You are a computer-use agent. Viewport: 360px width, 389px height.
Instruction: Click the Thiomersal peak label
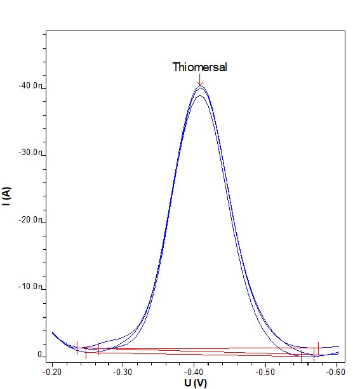click(x=199, y=67)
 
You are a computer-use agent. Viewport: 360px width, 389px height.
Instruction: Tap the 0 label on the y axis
click(x=39, y=355)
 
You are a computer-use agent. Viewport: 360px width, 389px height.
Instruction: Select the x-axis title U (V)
click(x=195, y=383)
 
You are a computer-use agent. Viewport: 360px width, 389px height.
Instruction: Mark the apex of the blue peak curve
click(x=200, y=87)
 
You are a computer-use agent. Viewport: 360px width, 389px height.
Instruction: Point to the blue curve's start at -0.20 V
click(x=53, y=332)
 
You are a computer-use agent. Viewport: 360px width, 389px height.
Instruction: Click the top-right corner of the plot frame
click(x=345, y=30)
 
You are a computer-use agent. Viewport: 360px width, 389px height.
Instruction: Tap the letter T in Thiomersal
click(x=176, y=67)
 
